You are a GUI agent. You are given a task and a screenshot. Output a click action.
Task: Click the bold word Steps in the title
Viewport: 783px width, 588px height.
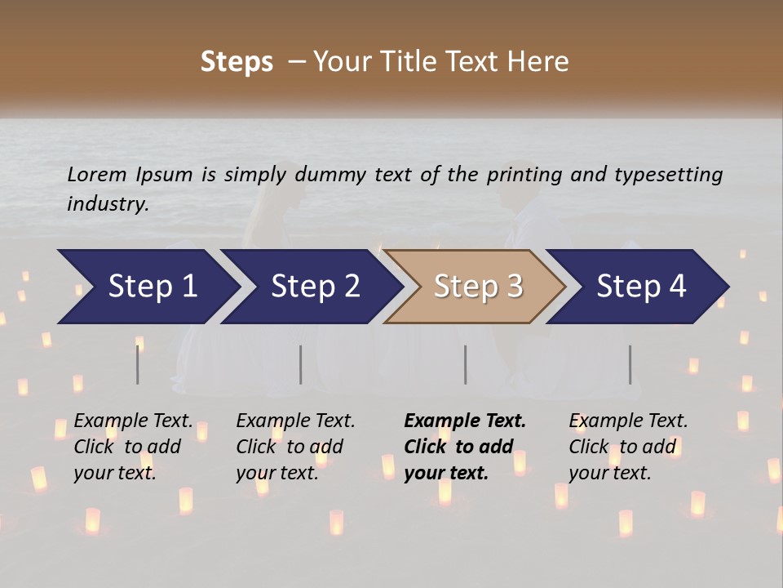(237, 62)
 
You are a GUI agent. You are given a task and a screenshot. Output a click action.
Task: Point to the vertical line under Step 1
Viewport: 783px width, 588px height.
(138, 364)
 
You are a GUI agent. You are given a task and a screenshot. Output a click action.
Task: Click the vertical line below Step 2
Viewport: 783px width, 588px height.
(300, 364)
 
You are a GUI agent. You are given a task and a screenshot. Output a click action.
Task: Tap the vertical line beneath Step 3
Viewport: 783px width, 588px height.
(465, 364)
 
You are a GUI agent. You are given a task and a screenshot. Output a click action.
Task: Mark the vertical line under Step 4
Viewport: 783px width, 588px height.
(630, 364)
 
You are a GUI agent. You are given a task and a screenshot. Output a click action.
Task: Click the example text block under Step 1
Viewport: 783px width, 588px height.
(133, 447)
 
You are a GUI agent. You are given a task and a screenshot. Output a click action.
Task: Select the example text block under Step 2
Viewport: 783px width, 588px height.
(295, 447)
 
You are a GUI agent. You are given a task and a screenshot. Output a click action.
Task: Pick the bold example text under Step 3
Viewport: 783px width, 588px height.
(465, 447)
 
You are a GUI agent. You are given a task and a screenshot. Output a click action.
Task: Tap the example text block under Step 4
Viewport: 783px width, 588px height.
(628, 447)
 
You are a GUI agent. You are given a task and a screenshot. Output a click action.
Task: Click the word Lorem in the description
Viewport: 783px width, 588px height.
(97, 174)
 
